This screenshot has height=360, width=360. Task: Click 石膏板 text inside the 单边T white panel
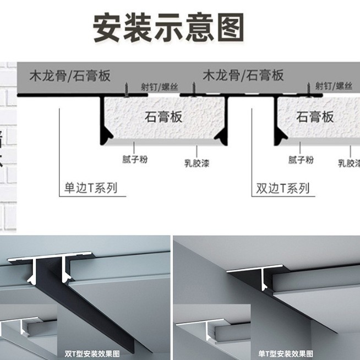point(163,117)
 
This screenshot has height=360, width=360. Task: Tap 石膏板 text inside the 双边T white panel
point(315,117)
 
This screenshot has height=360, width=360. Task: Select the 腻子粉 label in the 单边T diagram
point(135,160)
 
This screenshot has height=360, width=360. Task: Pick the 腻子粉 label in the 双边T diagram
point(301,160)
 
